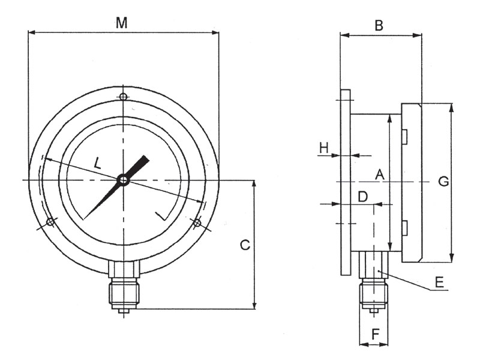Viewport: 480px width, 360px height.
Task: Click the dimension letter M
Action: click(x=122, y=23)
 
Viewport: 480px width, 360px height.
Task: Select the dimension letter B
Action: click(x=379, y=26)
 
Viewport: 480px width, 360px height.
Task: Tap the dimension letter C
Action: click(x=245, y=245)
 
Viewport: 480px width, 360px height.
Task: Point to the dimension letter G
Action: click(x=443, y=182)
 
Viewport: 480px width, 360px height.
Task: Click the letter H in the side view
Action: click(x=324, y=148)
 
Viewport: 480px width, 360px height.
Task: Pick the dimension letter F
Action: click(x=376, y=334)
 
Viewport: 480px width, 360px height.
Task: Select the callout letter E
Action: click(x=440, y=282)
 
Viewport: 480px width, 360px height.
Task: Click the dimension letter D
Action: click(x=363, y=197)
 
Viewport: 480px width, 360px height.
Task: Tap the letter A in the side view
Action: click(x=380, y=174)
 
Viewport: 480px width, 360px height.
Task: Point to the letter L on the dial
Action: click(x=97, y=163)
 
